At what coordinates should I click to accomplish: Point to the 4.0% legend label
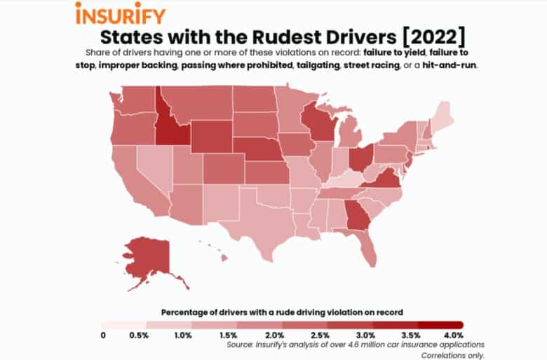pyautogui.click(x=453, y=335)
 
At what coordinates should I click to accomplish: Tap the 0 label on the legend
pyautogui.click(x=103, y=335)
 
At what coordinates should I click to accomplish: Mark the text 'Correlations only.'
pyautogui.click(x=452, y=354)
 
